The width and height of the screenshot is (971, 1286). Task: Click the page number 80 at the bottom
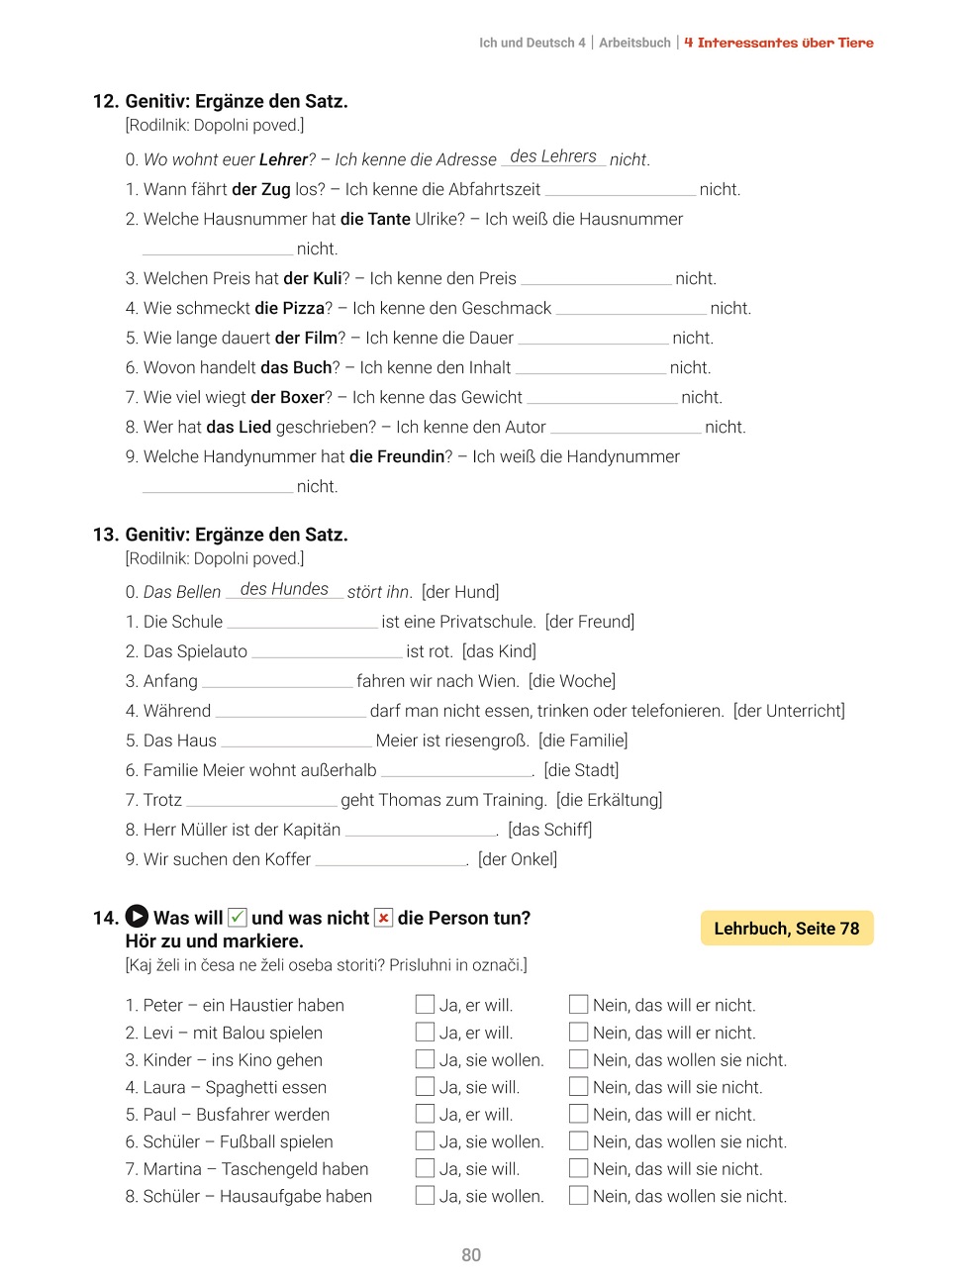471,1255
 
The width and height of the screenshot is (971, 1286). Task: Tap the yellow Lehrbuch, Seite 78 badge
787,929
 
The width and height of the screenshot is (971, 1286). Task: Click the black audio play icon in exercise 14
138,918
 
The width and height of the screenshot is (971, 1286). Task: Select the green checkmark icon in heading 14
238,918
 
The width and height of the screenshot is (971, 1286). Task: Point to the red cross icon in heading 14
383,918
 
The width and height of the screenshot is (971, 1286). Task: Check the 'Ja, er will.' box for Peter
425,1005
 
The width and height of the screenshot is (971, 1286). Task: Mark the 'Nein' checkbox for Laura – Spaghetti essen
579,1087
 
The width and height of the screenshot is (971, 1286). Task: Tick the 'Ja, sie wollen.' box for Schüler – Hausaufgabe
425,1196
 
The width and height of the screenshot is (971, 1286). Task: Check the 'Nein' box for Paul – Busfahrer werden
579,1115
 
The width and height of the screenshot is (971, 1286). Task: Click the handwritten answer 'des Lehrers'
553,156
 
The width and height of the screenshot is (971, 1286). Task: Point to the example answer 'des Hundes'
284,589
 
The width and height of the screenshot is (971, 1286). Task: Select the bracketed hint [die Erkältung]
609,800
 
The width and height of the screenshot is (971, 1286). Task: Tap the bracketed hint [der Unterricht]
789,711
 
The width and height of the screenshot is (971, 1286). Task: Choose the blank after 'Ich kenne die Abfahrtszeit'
621,190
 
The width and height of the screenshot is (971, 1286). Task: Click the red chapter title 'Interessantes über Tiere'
786,43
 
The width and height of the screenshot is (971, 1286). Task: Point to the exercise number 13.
105,535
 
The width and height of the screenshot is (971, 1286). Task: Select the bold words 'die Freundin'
396,456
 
